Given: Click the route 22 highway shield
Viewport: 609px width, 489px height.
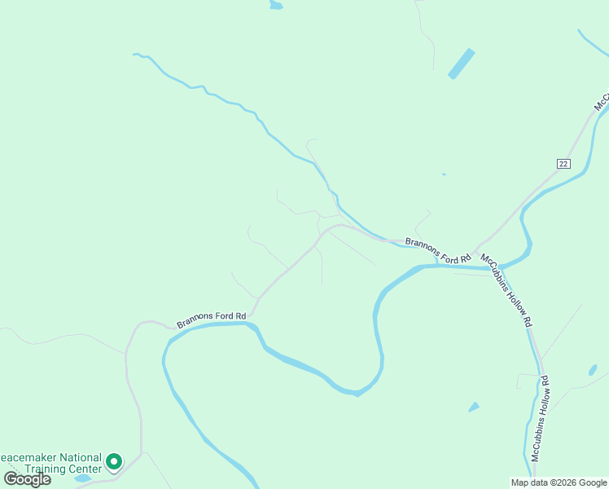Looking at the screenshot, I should coord(563,164).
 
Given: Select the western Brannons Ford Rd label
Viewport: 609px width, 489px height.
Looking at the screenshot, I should coord(211,320).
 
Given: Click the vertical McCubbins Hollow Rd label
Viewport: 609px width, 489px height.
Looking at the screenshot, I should coord(541,417).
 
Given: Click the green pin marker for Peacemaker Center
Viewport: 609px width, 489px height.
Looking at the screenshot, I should coord(115,462).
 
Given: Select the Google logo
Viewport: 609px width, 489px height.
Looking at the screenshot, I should coord(27,478).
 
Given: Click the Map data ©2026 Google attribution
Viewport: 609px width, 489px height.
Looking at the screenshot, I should coord(559,482).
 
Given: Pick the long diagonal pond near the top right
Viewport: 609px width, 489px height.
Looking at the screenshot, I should coord(462,64).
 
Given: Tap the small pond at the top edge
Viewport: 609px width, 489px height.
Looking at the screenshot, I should coord(276,5).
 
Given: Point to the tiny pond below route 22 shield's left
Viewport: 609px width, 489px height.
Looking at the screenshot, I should coord(444,174).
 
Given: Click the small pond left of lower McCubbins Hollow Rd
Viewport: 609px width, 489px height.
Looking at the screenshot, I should coord(474,407).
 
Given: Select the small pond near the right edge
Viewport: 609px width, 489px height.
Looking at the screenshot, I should coord(593,370).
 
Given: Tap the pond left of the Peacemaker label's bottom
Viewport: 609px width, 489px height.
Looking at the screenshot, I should coord(82,478).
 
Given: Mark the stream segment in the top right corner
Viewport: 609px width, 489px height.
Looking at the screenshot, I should coord(593,44).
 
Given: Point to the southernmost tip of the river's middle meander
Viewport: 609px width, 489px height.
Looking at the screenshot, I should coord(356,394).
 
